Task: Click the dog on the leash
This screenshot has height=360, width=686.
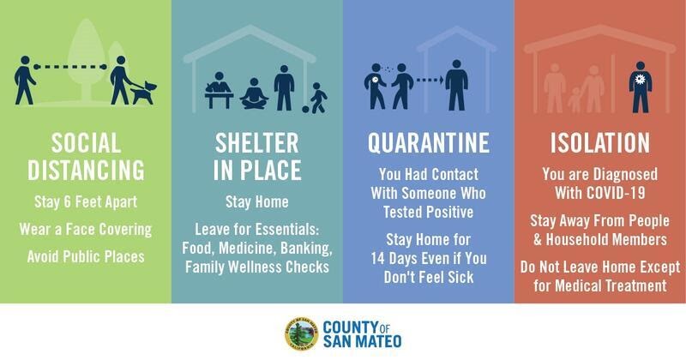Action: (x=144, y=93)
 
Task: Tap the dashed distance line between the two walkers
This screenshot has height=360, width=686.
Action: (x=70, y=67)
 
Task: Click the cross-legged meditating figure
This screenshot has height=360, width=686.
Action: (x=254, y=93)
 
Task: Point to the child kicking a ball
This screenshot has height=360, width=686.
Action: (x=316, y=99)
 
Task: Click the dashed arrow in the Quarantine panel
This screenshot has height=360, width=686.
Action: (x=430, y=80)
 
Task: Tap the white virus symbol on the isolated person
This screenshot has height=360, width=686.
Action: (x=640, y=79)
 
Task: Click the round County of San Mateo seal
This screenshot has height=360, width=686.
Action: (x=302, y=334)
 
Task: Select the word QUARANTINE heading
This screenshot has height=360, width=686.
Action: (x=428, y=142)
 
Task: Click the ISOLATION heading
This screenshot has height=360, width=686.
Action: (x=599, y=142)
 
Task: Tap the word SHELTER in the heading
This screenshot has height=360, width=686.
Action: (x=256, y=142)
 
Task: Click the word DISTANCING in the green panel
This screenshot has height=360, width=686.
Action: (x=86, y=170)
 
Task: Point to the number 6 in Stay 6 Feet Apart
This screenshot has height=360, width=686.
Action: (x=67, y=202)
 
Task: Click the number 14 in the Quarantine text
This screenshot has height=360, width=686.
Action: (x=377, y=259)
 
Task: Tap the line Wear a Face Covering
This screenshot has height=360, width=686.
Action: (x=86, y=230)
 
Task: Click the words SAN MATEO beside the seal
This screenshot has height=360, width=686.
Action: (x=362, y=342)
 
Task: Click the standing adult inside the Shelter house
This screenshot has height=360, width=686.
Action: (x=285, y=88)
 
